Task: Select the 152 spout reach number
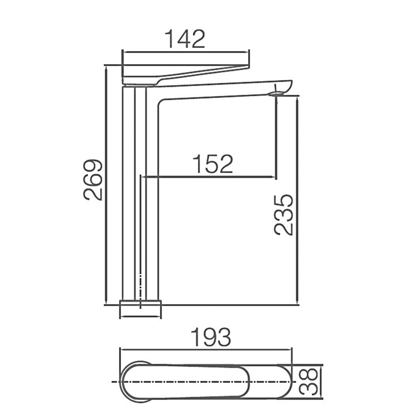(213, 164)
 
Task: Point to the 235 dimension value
(283, 215)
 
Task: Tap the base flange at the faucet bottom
(140, 309)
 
